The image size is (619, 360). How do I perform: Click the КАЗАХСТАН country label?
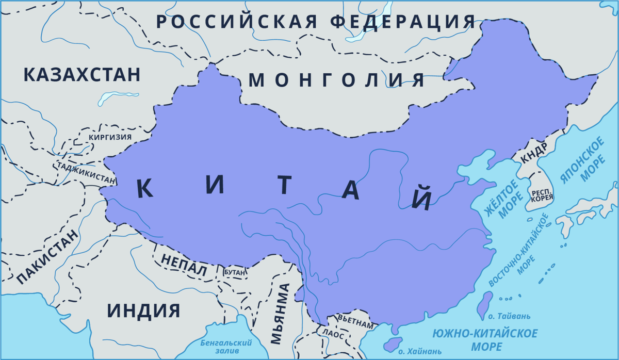point(82,74)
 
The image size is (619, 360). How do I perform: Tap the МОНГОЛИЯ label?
point(337,80)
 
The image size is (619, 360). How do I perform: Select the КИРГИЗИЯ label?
point(110,137)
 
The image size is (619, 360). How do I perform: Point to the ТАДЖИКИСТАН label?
point(88,173)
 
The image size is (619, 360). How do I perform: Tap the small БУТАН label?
point(235,271)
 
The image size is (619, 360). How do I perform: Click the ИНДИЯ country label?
point(144,311)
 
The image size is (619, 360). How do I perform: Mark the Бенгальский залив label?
point(225,346)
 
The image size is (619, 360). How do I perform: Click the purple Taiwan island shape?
point(484,304)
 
